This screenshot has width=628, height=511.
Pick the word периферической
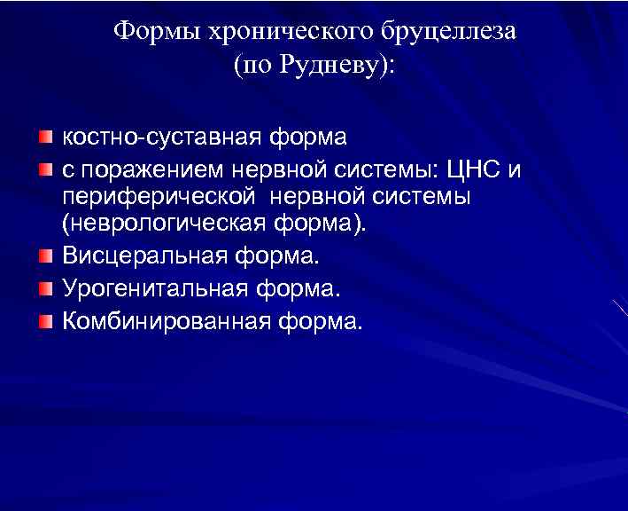(151, 196)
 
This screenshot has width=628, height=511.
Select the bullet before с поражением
(45, 168)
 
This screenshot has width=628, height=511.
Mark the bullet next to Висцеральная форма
(45, 257)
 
